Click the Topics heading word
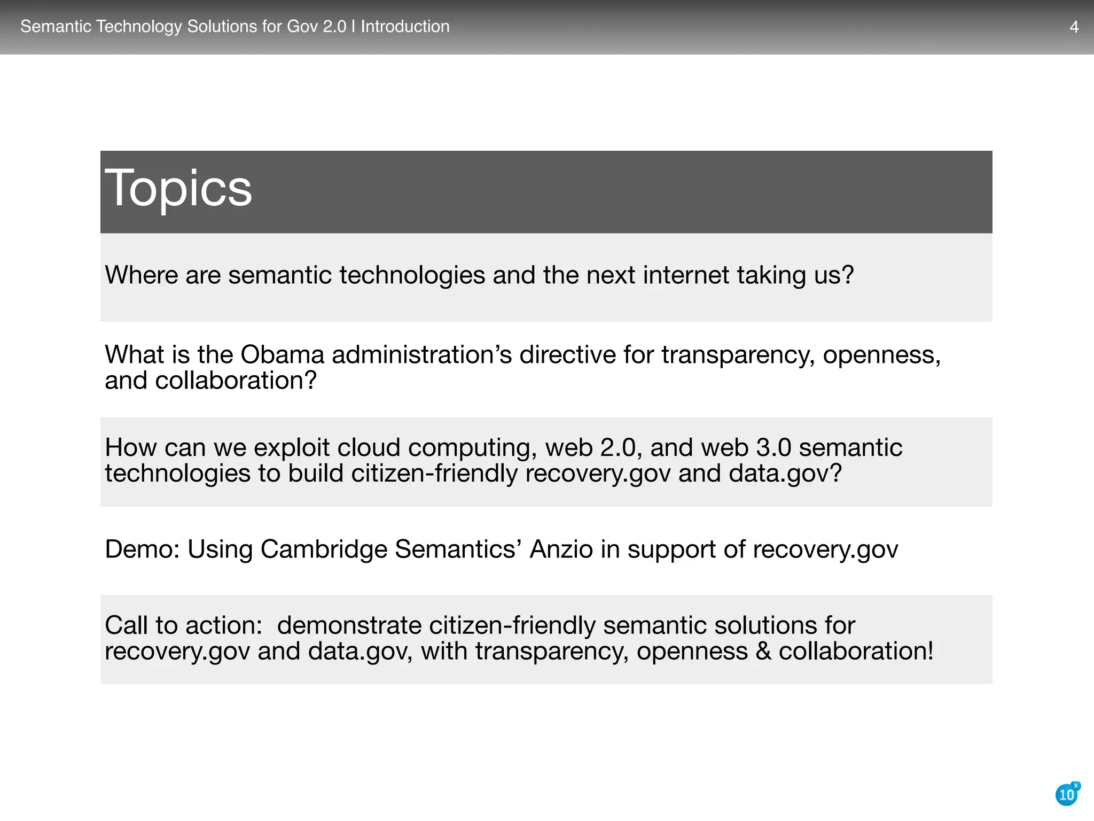178,188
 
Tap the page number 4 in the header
1074,27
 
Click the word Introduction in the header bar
405,26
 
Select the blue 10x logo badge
1067,794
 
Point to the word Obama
282,354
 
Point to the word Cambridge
324,549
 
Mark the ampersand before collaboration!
763,651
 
